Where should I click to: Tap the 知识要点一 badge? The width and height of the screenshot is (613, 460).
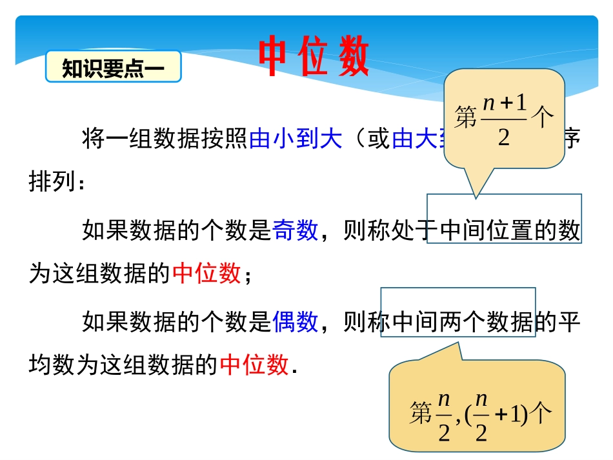click(x=113, y=68)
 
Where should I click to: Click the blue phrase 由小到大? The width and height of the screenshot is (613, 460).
click(x=295, y=139)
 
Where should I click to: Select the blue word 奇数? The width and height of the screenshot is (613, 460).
click(x=295, y=230)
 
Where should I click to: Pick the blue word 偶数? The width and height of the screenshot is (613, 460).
click(x=295, y=321)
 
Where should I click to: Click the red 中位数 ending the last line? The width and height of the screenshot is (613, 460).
click(x=254, y=365)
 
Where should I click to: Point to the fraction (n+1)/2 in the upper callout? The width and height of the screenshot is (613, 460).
click(x=504, y=120)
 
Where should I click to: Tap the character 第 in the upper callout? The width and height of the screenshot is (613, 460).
click(x=466, y=119)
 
